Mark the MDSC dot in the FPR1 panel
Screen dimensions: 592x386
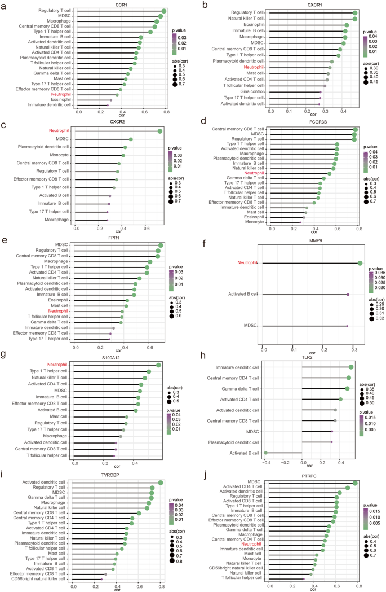click(x=161, y=245)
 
